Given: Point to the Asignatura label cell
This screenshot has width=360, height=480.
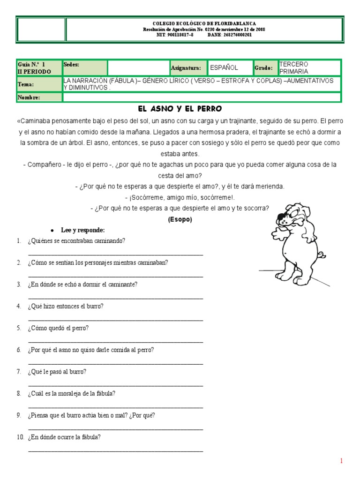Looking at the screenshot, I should coord(186,68).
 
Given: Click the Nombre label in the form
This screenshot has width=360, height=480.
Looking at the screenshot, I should coord(29,97).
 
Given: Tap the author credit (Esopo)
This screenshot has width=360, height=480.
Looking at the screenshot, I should coord(180,219).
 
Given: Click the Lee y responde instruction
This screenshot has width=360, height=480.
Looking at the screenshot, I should coord(83,230).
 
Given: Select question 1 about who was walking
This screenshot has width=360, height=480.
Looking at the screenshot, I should coord(76,241).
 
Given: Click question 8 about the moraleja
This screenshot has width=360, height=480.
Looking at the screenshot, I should coord(71,394).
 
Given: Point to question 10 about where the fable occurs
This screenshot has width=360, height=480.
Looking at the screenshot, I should coord(64,437).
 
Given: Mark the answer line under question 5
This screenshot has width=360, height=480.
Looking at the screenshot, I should coord(115,341).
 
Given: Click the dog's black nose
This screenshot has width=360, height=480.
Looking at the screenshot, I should coord(281,217).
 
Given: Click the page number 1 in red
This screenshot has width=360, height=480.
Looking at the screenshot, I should coord(342,461).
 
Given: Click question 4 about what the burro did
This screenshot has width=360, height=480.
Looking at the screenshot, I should coord(66,307).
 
